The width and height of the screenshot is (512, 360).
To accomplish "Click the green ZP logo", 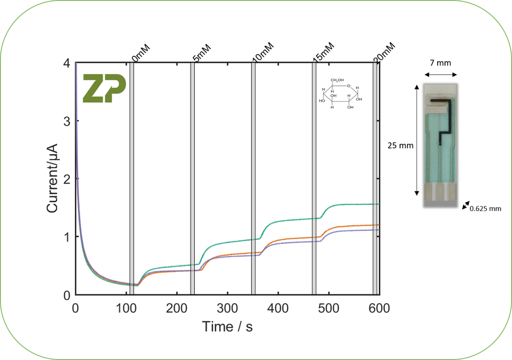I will pos(104,88).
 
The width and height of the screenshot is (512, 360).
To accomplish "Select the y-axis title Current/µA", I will pos(52,179).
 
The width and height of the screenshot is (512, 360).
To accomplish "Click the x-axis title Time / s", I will pos(227,327).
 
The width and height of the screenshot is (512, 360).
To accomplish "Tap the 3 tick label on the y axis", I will pos(67,121).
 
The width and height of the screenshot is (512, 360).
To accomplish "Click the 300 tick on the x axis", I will pos(227,308).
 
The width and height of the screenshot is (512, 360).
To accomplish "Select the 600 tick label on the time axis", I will pos(379,308).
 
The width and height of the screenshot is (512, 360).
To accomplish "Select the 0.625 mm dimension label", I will pos(485,208).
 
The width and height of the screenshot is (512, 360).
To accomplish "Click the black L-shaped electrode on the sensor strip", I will pos(445,115).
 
